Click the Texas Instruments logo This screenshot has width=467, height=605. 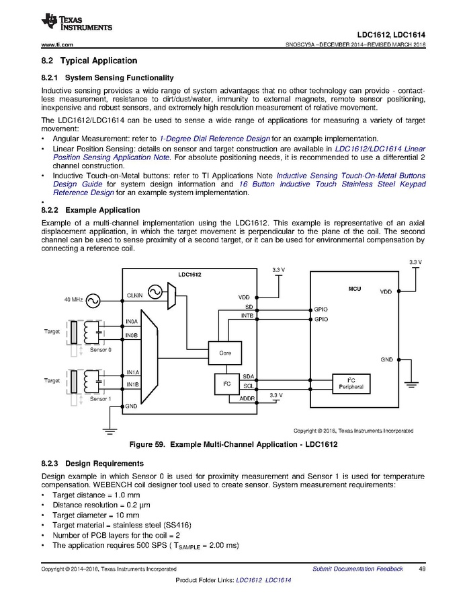76,22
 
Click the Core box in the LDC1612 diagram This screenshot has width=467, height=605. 225,353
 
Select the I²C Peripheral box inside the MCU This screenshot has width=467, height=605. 351,383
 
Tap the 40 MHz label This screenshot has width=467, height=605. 73,298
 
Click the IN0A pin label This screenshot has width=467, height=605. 132,322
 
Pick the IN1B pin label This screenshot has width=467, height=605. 132,385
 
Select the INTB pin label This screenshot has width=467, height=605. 247,314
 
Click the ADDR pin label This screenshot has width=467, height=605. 247,399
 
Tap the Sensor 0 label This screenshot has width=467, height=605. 101,350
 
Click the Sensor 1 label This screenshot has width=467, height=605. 101,399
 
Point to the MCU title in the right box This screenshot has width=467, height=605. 354,289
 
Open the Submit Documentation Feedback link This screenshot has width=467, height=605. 357,569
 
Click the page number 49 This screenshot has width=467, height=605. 422,569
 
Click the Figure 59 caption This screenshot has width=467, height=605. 233,445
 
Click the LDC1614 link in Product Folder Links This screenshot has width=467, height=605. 278,580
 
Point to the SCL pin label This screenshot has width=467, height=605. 248,386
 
